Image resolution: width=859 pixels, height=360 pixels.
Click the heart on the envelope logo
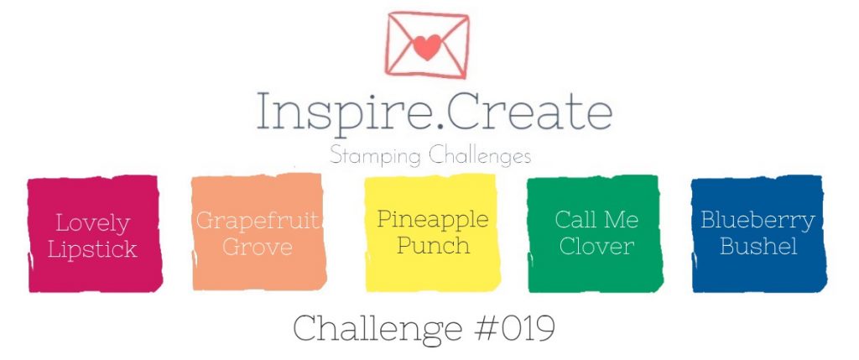pyautogui.click(x=427, y=47)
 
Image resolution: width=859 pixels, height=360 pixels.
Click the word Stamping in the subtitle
pyautogui.click(x=375, y=157)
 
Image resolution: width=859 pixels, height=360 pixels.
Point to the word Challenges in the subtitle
pyautogui.click(x=480, y=156)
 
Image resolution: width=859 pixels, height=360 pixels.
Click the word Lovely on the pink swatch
pyautogui.click(x=92, y=224)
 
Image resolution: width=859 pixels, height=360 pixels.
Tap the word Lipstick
pyautogui.click(x=92, y=250)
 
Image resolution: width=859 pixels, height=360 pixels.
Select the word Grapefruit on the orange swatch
pyautogui.click(x=258, y=221)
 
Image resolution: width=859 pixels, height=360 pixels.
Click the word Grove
pyautogui.click(x=258, y=247)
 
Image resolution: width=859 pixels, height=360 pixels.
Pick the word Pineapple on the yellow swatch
pyautogui.click(x=432, y=220)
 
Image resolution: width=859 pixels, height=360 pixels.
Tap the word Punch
pyautogui.click(x=433, y=246)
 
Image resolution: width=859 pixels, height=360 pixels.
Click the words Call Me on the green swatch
pyautogui.click(x=596, y=220)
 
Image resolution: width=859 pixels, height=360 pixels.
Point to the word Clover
pyautogui.click(x=596, y=246)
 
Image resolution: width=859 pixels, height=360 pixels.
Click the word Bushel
pyautogui.click(x=758, y=246)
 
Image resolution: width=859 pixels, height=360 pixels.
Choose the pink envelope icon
pyautogui.click(x=427, y=45)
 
